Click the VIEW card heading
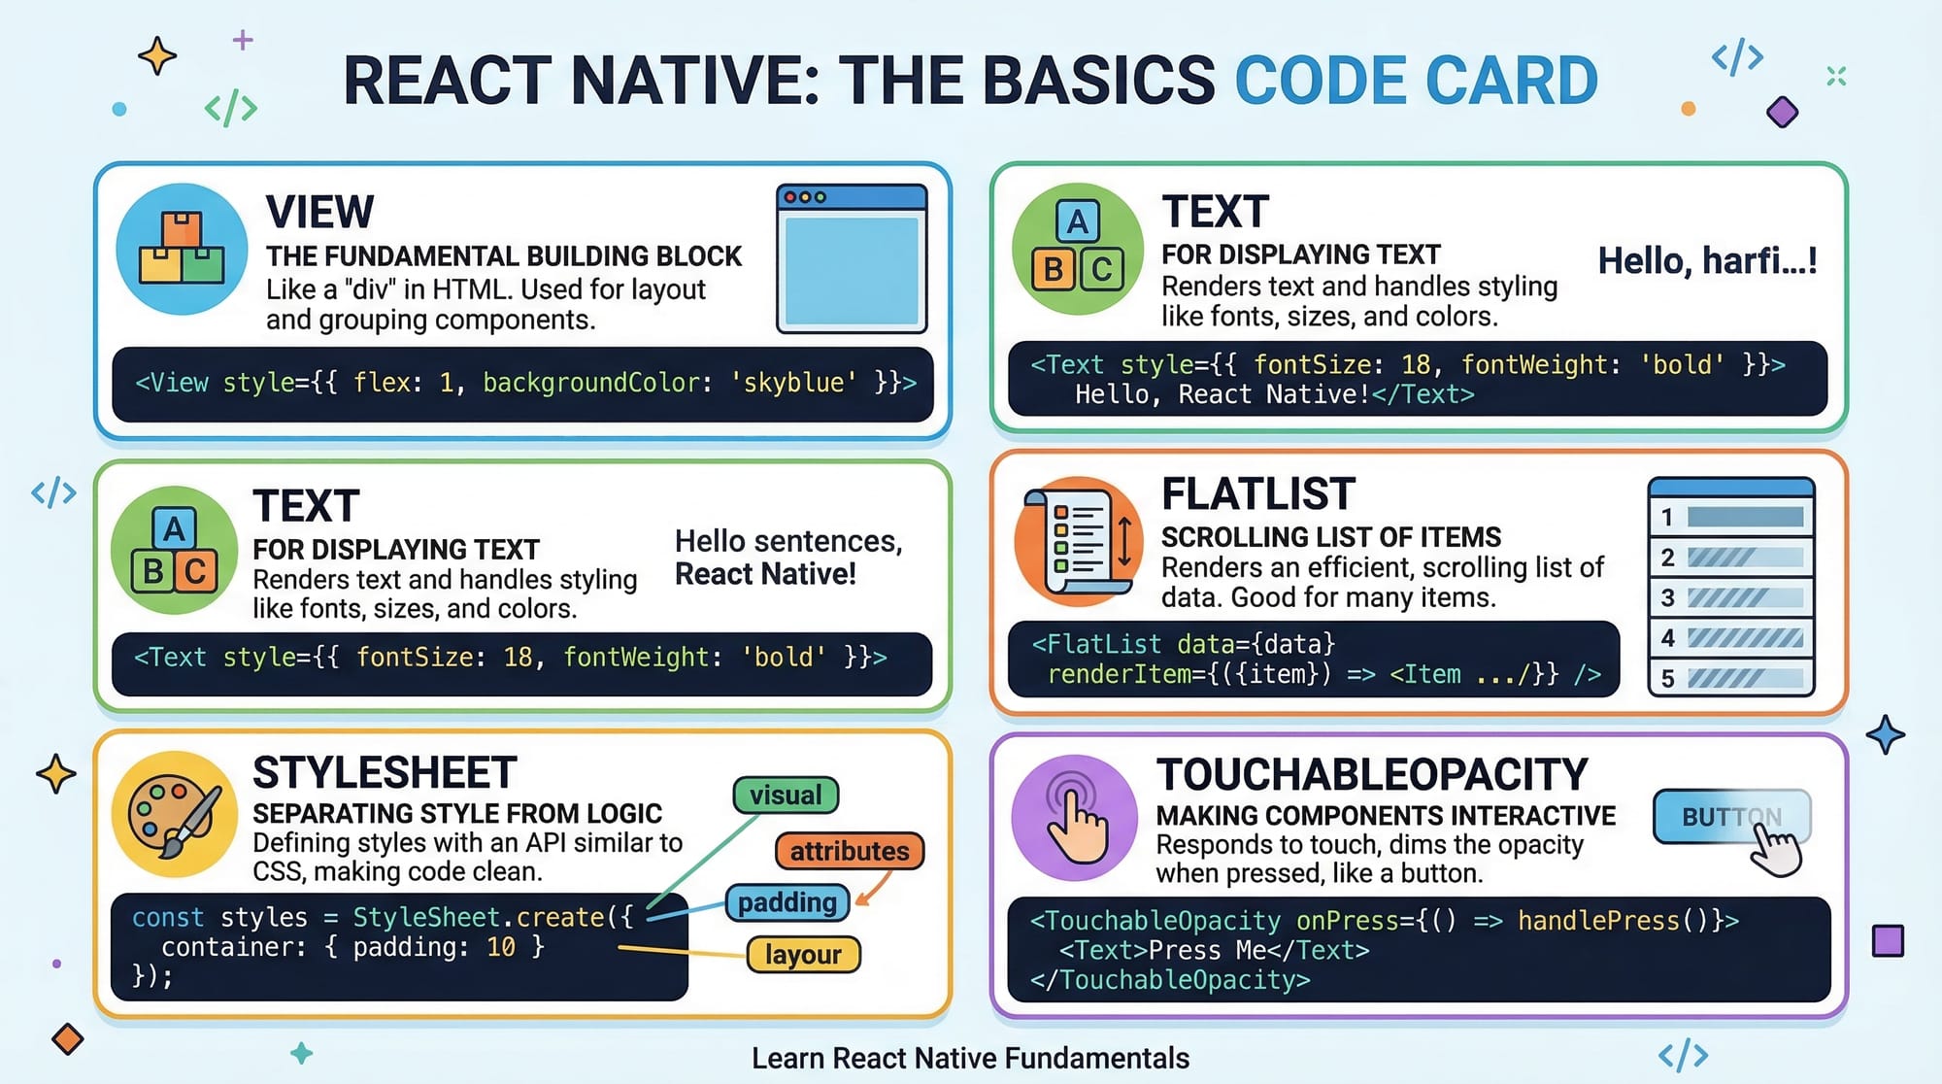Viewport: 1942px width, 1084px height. tap(319, 212)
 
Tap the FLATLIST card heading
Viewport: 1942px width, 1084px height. tap(1257, 494)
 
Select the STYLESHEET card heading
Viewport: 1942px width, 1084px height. tap(385, 773)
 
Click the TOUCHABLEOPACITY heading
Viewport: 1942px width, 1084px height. tap(1372, 775)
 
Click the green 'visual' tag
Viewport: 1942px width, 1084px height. tap(786, 796)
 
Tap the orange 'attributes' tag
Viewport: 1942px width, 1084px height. tap(850, 852)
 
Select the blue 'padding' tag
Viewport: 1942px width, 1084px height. tap(787, 902)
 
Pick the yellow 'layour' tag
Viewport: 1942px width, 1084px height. tap(803, 955)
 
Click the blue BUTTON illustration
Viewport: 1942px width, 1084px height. tap(1731, 817)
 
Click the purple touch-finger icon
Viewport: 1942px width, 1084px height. tap(1075, 818)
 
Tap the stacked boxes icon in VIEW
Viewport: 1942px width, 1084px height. tap(182, 249)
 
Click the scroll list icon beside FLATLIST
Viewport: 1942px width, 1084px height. tap(1078, 541)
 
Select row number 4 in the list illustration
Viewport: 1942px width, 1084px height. tap(1731, 638)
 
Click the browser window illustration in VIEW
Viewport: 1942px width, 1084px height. tap(852, 258)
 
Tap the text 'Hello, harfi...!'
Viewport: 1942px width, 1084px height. tap(1707, 261)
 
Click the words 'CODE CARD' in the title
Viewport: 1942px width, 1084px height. tap(1416, 81)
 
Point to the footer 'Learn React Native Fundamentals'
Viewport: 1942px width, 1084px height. tap(970, 1058)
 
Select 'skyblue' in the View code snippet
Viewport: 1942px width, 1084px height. tap(793, 383)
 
